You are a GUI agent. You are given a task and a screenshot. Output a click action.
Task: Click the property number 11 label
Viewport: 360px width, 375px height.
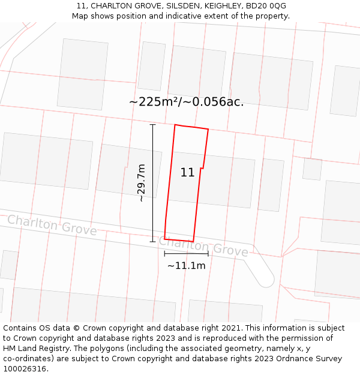point(187,173)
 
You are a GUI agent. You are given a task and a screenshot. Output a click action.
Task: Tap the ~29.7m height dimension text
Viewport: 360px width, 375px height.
point(141,183)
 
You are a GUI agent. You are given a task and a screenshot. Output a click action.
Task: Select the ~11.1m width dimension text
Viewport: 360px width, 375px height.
point(186,266)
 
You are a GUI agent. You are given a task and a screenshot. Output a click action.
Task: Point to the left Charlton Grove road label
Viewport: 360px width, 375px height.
point(52,225)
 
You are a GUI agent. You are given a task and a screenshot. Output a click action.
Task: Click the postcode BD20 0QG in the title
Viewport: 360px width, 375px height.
point(266,6)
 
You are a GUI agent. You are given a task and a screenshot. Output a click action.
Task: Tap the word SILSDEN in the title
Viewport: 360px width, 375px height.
point(187,6)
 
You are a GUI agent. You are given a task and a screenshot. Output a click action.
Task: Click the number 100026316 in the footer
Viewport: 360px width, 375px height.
point(24,369)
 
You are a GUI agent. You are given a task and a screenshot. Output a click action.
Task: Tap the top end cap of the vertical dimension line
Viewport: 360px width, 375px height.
point(152,125)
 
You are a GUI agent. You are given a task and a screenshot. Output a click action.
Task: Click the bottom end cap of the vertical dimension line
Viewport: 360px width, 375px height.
point(152,242)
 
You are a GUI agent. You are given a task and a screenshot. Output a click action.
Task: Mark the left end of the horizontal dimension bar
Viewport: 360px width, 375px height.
point(165,254)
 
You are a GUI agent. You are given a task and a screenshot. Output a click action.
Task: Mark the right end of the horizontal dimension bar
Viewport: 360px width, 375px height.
point(208,254)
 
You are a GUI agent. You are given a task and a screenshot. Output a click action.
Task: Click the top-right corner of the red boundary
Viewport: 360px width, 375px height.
point(208,129)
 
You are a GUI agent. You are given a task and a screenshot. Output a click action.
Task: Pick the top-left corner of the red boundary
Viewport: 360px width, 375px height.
point(175,125)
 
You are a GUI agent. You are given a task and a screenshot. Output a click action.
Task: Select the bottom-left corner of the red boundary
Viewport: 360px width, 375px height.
point(165,238)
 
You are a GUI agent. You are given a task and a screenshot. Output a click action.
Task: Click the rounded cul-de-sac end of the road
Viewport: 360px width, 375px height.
point(265,278)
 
